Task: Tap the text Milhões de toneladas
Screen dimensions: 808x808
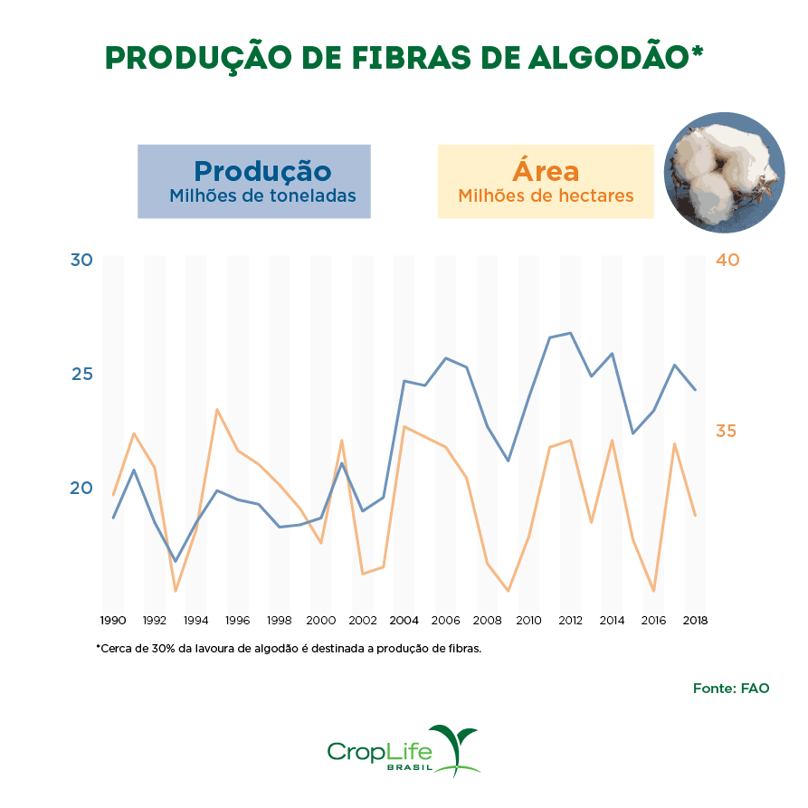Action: [262, 195]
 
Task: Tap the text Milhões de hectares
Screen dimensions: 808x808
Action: [546, 195]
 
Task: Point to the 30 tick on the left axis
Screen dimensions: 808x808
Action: [81, 261]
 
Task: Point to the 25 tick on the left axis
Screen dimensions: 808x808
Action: [81, 374]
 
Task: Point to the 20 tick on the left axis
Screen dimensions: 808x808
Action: [81, 488]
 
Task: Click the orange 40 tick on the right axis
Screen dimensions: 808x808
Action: [727, 261]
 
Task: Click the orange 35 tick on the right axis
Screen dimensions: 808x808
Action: [727, 431]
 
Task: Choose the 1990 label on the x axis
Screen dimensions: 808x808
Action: [112, 621]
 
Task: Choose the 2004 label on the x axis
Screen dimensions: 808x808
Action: [404, 621]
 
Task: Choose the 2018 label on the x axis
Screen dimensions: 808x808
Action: [695, 621]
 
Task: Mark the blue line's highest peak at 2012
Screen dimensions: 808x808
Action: [570, 333]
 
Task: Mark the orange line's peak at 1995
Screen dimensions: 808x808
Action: [217, 409]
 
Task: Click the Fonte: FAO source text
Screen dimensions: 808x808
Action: [731, 688]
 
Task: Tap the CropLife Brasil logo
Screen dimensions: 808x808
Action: [403, 751]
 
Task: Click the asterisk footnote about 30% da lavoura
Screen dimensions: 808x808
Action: [289, 649]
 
